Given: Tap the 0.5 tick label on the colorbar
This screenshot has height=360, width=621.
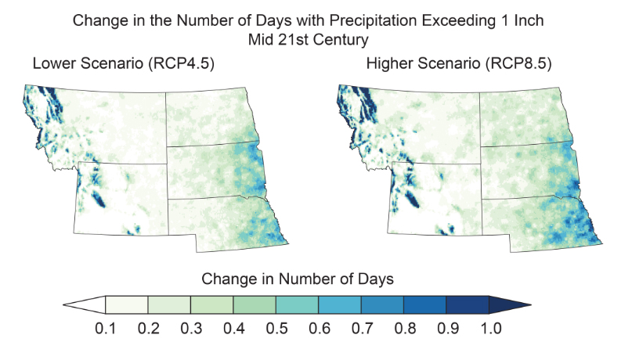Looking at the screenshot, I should click(x=276, y=328).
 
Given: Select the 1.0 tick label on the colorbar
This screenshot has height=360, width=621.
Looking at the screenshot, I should click(x=490, y=328).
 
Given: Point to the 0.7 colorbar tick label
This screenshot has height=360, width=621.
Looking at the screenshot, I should click(x=362, y=328).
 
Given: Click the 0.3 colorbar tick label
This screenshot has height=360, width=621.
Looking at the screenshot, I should click(x=190, y=328).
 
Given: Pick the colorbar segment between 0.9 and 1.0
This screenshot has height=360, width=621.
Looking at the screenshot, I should click(x=468, y=305).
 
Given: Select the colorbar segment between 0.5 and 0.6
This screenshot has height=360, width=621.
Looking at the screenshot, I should click(x=298, y=305).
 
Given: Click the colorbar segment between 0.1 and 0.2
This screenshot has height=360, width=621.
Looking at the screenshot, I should click(x=127, y=305).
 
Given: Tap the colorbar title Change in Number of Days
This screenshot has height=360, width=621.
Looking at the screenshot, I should click(x=298, y=279).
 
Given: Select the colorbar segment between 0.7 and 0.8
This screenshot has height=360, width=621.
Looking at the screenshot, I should click(x=383, y=305).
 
